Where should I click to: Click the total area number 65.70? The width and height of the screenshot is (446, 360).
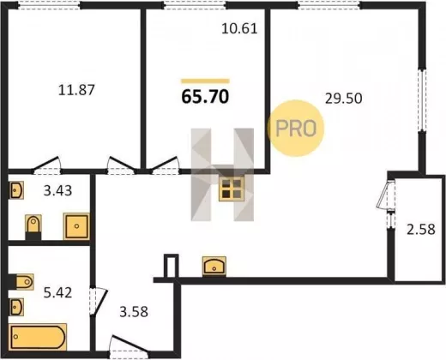[x=205, y=96]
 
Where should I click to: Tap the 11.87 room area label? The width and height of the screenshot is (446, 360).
[x=76, y=90]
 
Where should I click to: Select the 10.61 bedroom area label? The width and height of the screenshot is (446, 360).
[x=239, y=28]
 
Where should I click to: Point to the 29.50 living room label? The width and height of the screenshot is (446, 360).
[x=344, y=99]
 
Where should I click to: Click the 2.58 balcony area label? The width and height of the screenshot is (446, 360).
[x=421, y=230]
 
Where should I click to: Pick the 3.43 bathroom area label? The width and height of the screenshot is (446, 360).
[x=57, y=190]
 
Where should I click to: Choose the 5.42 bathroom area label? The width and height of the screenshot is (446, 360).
[x=57, y=293]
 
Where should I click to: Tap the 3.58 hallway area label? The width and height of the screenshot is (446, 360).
[x=134, y=312]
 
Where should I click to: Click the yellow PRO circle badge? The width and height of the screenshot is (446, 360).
[x=296, y=129]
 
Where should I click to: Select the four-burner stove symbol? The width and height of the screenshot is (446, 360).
[x=232, y=189]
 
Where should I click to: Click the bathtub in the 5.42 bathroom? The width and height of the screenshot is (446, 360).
[x=38, y=337]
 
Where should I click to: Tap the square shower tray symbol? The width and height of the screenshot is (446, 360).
[x=76, y=226]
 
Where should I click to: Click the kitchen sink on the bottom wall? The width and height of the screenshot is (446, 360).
[x=214, y=267]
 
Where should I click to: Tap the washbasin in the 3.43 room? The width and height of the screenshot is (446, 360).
[x=16, y=190]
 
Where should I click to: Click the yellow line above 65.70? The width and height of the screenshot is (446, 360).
[x=205, y=81]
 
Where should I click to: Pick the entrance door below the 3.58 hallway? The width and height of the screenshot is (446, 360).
[x=130, y=346]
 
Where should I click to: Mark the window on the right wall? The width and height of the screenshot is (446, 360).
[x=422, y=100]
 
